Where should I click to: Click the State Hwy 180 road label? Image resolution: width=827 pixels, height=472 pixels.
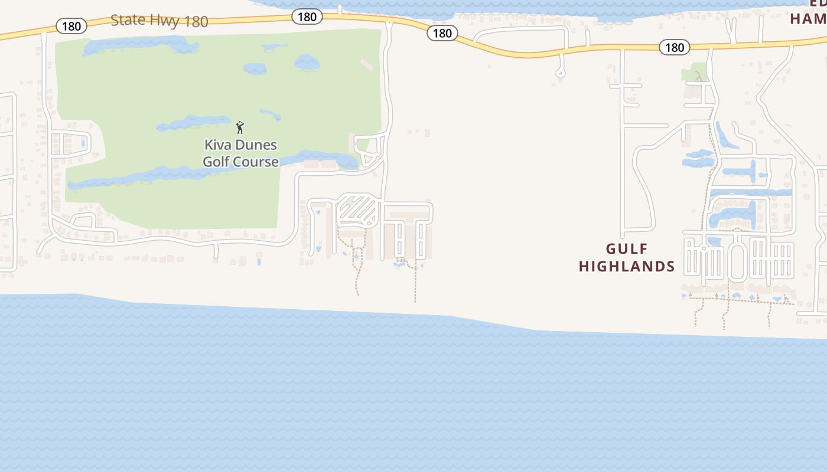point(159,21)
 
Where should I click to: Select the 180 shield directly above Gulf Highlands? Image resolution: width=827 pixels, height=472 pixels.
point(675,47)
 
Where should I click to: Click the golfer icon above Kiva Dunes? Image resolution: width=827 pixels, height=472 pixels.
point(240,127)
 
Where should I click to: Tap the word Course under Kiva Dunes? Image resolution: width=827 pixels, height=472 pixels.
point(257,162)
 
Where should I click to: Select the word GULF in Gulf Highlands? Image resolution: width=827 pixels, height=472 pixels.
point(627,250)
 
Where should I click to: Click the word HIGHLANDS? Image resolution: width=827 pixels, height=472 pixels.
point(627,267)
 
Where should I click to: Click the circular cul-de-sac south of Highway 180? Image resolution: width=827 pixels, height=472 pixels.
point(560,74)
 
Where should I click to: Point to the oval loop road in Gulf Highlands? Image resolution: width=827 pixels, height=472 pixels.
point(737,262)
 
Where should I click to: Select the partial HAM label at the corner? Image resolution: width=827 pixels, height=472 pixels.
point(808,19)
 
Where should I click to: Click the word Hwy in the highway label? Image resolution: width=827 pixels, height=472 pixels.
point(165,21)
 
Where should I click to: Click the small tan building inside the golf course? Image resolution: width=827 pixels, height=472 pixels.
point(367,64)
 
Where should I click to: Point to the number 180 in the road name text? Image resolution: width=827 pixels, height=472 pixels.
point(196,22)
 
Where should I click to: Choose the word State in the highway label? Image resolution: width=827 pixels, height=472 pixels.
point(128,19)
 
